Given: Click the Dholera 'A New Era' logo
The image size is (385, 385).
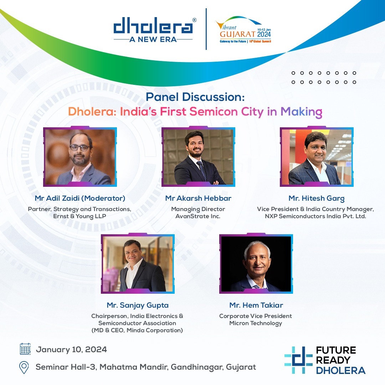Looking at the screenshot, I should [x=153, y=30].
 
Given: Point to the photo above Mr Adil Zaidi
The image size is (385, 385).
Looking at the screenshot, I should [x=80, y=157].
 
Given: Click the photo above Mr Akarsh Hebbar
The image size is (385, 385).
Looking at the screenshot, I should [x=198, y=157].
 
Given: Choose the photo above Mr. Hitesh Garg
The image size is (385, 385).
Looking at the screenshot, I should [x=317, y=157].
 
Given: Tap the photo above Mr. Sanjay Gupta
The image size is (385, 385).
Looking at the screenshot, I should [x=138, y=264].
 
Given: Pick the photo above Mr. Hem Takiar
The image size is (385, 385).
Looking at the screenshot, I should [x=256, y=264].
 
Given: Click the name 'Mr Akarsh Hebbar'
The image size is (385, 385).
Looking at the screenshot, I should [x=198, y=198].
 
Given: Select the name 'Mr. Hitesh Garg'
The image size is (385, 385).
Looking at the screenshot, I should [x=317, y=198].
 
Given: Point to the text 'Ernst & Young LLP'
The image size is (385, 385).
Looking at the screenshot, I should [x=80, y=216].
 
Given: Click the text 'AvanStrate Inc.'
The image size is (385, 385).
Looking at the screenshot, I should [x=198, y=216].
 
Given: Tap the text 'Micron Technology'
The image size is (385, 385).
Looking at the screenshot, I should [x=256, y=323].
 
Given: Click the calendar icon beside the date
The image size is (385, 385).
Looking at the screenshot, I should [x=25, y=349].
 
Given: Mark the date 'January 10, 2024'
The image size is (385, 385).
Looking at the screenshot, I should [x=71, y=349].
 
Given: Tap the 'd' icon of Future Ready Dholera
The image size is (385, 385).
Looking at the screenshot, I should [x=298, y=360].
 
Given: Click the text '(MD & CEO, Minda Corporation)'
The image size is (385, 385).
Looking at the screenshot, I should [x=137, y=330].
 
